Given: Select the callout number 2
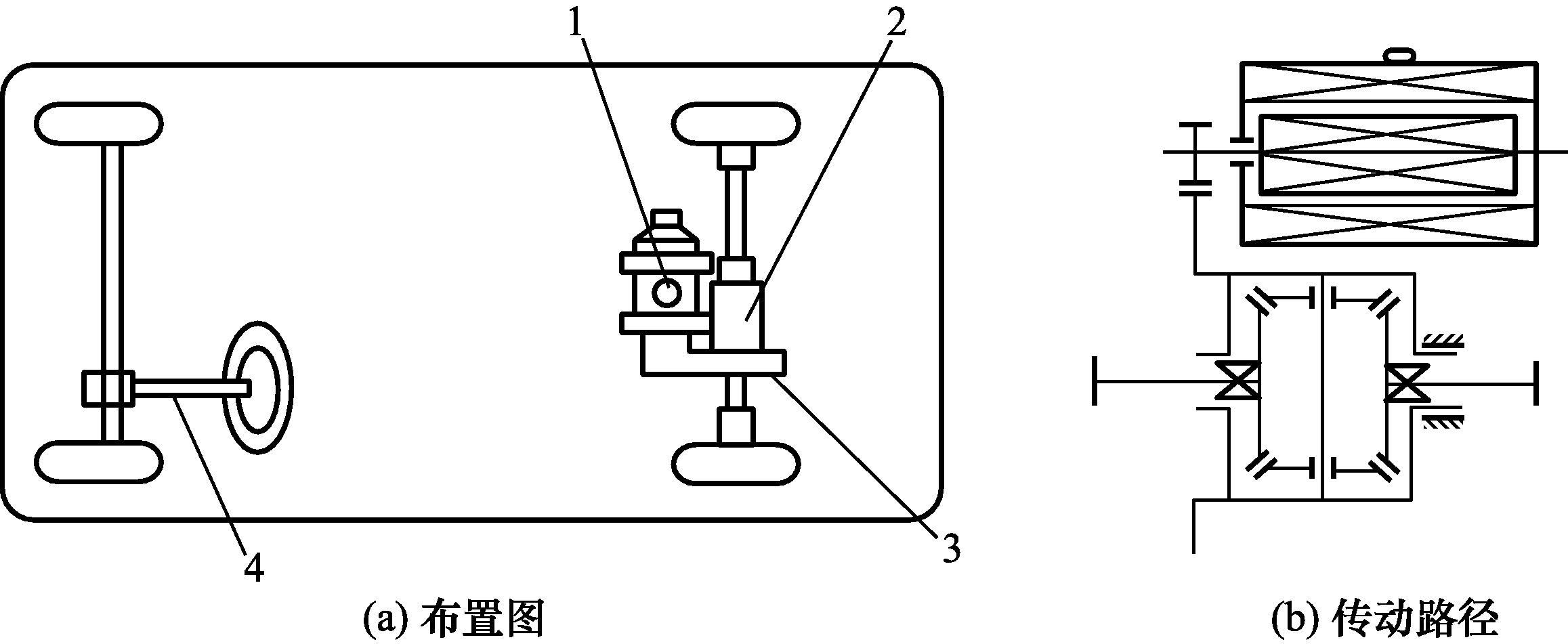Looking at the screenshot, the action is [894, 24].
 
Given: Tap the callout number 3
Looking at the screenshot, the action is [950, 549].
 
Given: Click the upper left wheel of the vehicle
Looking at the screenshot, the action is [99, 124].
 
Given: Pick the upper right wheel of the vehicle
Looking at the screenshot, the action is [736, 124].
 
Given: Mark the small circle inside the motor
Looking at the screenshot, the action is [667, 293].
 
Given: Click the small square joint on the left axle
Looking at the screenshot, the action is [108, 388].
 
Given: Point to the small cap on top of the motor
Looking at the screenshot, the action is [666, 220].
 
